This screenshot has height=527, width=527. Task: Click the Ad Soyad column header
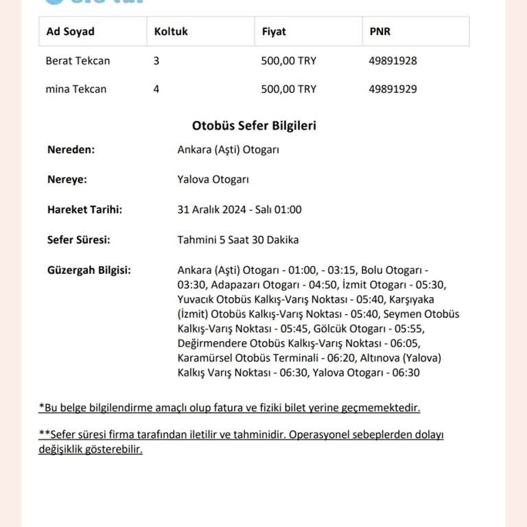(x=70, y=32)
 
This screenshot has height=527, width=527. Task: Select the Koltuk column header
(x=171, y=32)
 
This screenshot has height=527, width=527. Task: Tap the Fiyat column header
(x=274, y=32)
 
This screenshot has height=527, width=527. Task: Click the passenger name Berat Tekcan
(x=78, y=60)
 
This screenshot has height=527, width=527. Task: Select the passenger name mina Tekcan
(x=75, y=89)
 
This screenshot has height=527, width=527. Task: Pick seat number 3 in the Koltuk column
(x=156, y=60)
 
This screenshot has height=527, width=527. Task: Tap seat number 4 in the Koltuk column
(x=156, y=89)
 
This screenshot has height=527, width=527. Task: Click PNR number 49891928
(x=393, y=60)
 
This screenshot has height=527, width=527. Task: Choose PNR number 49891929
(x=393, y=89)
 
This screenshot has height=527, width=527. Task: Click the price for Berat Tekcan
(x=289, y=60)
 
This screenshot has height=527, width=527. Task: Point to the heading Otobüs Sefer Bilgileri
(x=254, y=126)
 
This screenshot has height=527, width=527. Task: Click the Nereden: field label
(x=71, y=150)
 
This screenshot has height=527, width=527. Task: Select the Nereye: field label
(x=67, y=180)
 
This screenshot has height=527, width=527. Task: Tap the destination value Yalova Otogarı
(x=213, y=180)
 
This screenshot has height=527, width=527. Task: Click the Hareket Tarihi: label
(x=84, y=210)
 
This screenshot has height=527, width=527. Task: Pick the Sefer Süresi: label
(x=79, y=240)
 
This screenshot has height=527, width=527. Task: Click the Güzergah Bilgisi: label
(x=89, y=270)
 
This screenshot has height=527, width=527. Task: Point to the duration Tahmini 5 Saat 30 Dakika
(x=238, y=240)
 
